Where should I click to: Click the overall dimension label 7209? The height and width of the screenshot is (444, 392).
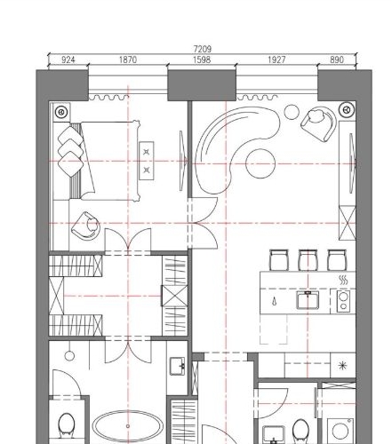202,50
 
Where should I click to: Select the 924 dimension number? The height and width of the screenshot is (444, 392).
68,59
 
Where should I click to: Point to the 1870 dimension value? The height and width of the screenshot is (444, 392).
128,59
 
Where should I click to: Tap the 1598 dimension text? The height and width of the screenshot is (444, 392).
202,59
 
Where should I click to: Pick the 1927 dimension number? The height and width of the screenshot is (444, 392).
277,59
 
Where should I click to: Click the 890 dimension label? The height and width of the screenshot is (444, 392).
336,59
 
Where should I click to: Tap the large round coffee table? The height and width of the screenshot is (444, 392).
260,163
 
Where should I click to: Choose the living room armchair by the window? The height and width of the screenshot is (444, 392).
318,121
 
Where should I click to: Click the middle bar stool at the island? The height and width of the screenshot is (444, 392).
308,259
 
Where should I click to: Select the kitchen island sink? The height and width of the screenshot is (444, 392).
308,299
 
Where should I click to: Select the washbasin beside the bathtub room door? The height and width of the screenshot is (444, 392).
177,364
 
